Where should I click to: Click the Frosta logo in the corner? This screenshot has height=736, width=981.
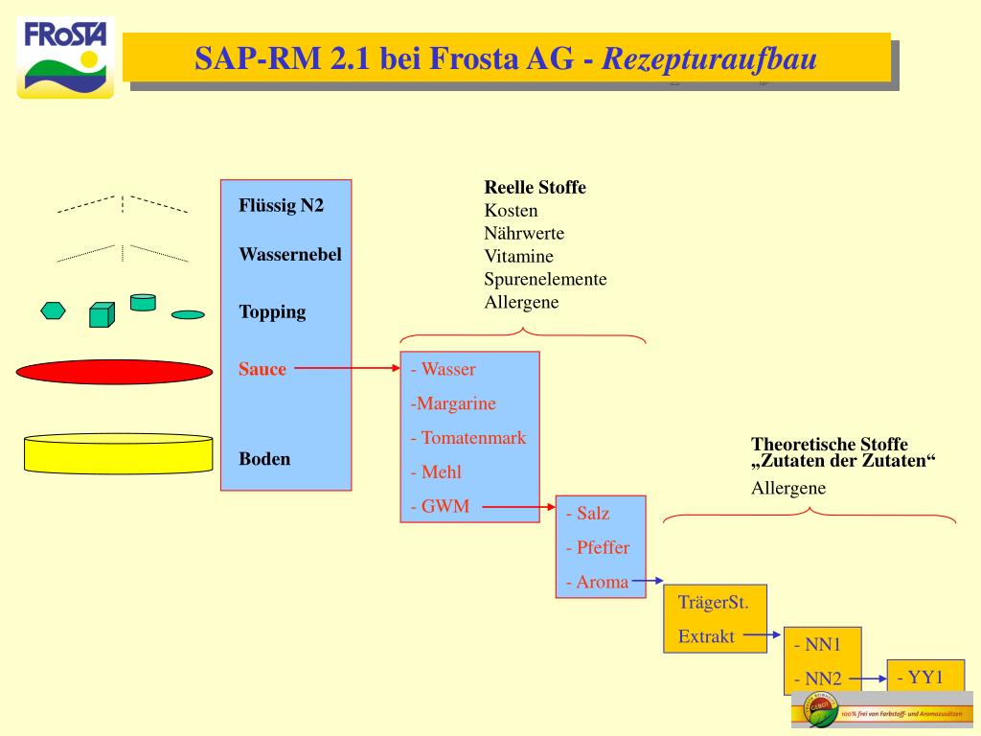[x=65, y=57]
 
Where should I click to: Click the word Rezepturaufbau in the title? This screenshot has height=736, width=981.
[x=708, y=59]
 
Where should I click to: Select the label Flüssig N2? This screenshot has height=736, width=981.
[x=281, y=206]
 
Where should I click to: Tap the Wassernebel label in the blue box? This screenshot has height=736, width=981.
[x=289, y=255]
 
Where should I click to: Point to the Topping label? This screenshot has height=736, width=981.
[x=272, y=311]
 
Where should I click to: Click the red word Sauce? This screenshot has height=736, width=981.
[x=262, y=369]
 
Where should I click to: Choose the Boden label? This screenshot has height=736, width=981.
[x=264, y=458]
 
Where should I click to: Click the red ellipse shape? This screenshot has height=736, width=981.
[x=114, y=372]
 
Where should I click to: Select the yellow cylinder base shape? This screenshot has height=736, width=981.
[x=117, y=454]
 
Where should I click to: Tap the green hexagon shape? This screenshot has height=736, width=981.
[x=54, y=310]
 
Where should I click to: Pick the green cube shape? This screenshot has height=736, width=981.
[x=102, y=314]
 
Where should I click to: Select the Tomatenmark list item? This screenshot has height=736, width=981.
[x=468, y=438]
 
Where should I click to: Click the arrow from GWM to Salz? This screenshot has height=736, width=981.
[x=517, y=507]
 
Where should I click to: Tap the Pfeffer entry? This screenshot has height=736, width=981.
[x=597, y=547]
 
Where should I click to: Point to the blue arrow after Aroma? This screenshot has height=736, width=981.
[x=648, y=580]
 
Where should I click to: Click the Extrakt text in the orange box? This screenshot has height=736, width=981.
[x=706, y=635]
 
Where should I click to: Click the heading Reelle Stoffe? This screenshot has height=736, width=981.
[x=535, y=187]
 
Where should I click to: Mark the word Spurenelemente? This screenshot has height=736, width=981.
[x=545, y=279]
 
